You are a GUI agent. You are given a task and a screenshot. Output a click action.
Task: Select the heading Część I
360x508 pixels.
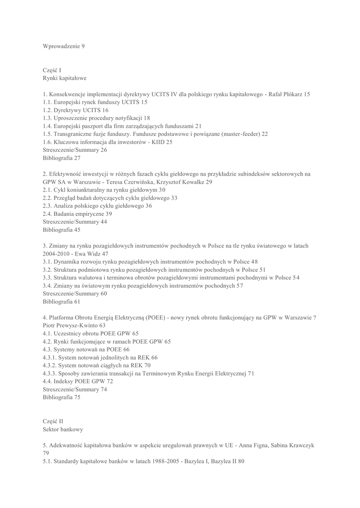[52, 70]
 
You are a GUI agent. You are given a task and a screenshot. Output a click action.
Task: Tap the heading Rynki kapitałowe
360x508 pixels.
[65, 78]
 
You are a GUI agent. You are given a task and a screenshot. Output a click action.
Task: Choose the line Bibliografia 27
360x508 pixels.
[61, 158]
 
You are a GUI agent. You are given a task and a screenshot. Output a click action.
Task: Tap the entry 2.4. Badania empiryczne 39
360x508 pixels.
[77, 214]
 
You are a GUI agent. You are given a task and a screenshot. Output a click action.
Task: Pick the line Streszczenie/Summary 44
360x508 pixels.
[74, 222]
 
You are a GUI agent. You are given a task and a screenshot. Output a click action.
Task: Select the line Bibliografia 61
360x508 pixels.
[61, 301]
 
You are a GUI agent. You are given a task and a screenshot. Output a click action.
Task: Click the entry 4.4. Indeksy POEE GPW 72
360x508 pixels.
[78, 381]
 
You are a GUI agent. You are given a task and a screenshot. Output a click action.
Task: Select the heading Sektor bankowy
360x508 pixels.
[63, 429]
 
